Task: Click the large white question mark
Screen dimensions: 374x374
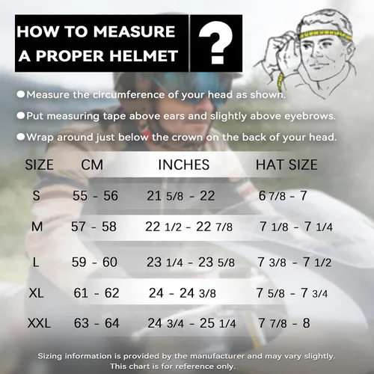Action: tap(216, 43)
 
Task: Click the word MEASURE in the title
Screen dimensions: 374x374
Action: tap(134, 31)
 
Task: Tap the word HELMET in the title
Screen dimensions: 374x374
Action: tap(144, 55)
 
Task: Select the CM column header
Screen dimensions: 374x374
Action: tap(92, 165)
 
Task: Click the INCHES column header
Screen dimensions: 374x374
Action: tap(184, 165)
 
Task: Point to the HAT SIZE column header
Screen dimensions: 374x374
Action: tap(286, 165)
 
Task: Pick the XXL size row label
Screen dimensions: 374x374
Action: tap(39, 323)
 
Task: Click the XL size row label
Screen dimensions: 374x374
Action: tap(37, 293)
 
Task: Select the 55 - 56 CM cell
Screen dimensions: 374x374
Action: tap(95, 196)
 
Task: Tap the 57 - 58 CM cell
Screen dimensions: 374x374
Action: tap(93, 227)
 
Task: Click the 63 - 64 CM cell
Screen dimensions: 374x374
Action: tap(96, 323)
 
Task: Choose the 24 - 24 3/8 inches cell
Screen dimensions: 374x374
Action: tap(183, 293)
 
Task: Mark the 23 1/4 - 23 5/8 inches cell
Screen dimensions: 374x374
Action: tap(191, 262)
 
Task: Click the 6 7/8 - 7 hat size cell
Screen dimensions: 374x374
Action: tap(283, 196)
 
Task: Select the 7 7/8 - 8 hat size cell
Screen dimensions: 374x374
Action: tap(284, 323)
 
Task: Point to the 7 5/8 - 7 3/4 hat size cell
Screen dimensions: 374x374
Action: tap(292, 293)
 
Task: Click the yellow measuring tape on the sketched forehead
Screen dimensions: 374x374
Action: tap(325, 35)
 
